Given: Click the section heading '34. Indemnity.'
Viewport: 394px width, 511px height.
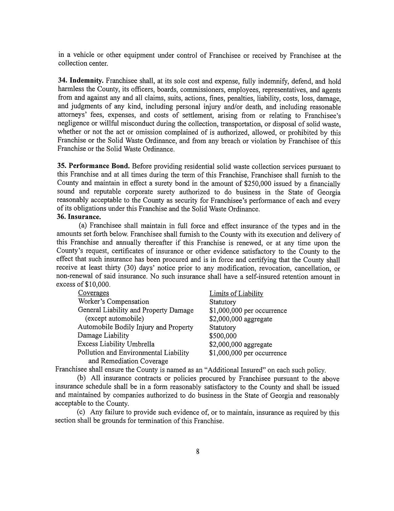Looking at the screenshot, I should pyautogui.click(x=81, y=81).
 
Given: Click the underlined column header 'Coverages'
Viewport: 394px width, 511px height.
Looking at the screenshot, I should pyautogui.click(x=93, y=293).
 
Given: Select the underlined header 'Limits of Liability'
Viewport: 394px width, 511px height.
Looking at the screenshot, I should pyautogui.click(x=236, y=293).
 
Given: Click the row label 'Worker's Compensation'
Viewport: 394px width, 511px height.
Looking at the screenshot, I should pyautogui.click(x=113, y=301).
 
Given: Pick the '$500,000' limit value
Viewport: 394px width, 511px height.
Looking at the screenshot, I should pyautogui.click(x=222, y=336).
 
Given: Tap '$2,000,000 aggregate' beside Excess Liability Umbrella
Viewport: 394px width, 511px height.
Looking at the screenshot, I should pyautogui.click(x=240, y=344).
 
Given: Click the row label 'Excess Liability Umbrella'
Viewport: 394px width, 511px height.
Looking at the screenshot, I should pyautogui.click(x=116, y=344).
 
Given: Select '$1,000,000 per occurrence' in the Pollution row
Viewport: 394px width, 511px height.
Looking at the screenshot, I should pyautogui.click(x=248, y=353).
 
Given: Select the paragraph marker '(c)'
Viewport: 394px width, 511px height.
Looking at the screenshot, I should pyautogui.click(x=81, y=413).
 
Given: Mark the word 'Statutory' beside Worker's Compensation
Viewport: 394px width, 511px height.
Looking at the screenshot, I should pyautogui.click(x=222, y=302).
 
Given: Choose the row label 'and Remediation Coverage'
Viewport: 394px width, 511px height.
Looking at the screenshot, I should pyautogui.click(x=128, y=361).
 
